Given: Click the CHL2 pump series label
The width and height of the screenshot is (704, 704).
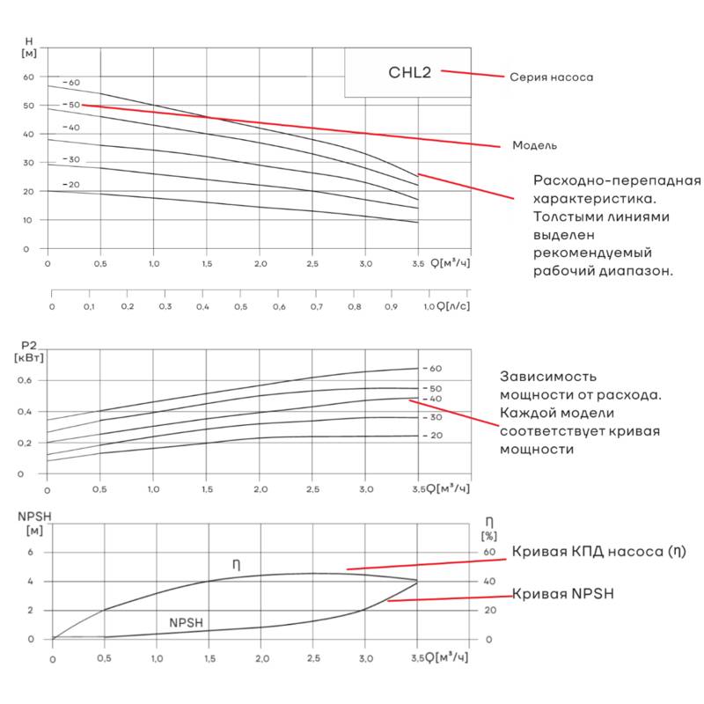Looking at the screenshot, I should pos(408,72).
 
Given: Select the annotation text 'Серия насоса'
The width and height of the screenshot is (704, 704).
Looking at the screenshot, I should pos(551,77).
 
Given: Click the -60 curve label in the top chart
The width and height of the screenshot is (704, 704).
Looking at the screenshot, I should pos(71,83).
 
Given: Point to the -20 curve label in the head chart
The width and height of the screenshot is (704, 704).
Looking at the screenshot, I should pos(71,185).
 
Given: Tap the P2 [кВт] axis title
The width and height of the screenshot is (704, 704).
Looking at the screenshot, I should pos(30,351).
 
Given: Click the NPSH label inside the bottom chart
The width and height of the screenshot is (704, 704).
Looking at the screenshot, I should pos(187,623).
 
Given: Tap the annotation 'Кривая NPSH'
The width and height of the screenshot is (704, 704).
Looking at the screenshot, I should pos(563,594).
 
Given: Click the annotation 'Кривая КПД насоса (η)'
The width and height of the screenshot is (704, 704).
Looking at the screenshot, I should pos(598,552).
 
